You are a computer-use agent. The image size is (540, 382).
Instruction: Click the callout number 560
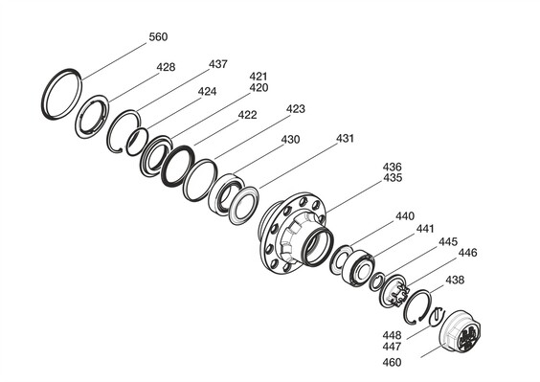(158, 36)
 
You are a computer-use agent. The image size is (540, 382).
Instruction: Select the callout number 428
(166, 67)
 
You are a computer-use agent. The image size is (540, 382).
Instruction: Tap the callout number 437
(218, 64)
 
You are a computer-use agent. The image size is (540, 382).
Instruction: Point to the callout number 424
(207, 91)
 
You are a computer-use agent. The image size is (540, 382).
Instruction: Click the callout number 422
(247, 115)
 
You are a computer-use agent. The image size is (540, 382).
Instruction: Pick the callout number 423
(296, 109)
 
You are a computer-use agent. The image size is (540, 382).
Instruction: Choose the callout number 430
(290, 140)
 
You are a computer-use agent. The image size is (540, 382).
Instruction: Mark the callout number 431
(345, 138)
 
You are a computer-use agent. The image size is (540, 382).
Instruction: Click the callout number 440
(405, 216)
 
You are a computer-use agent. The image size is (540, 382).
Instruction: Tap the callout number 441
(425, 229)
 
